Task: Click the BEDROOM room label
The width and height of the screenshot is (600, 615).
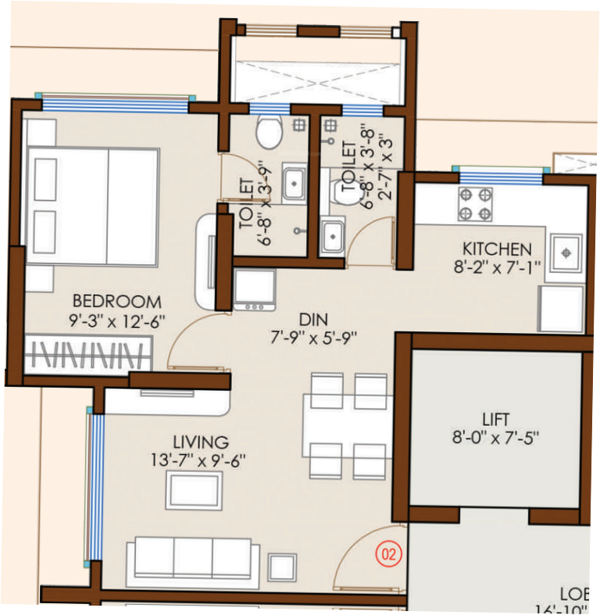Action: [x=117, y=301]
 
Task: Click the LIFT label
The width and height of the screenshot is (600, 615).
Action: [x=496, y=418]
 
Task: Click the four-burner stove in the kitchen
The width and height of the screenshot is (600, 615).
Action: [x=475, y=204]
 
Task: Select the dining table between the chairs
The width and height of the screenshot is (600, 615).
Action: [x=348, y=427]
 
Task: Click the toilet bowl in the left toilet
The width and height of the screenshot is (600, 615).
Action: [x=269, y=133]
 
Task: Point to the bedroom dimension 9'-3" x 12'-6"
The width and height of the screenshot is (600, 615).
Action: [x=117, y=320]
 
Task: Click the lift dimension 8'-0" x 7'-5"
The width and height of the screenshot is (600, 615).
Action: [x=496, y=437]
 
